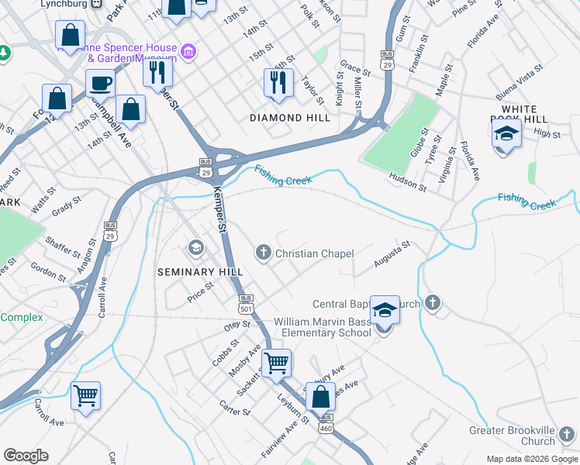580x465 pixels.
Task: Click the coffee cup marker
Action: (100, 83)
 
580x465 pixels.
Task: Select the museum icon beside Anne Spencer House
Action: (187, 52)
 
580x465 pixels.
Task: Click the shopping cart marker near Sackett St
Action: (276, 362)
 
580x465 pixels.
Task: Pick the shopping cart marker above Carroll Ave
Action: (85, 395)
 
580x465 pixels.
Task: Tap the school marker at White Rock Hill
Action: (506, 133)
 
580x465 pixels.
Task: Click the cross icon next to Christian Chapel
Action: (264, 253)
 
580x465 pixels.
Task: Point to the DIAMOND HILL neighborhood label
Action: (289, 118)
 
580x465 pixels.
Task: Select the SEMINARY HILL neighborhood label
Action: (200, 272)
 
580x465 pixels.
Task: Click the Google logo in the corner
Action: (26, 456)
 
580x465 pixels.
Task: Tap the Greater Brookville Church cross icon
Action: (567, 434)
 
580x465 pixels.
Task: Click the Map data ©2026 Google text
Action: (530, 459)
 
